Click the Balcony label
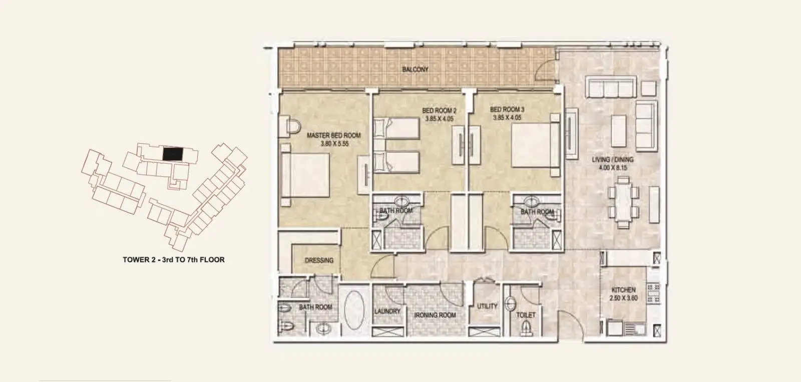click(x=415, y=69)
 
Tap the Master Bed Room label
click(x=333, y=136)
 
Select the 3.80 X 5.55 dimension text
click(x=334, y=144)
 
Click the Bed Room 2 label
click(x=439, y=111)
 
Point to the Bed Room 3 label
click(x=507, y=109)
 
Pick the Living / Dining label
click(x=613, y=160)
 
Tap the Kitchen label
click(x=623, y=290)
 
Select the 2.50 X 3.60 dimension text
click(x=624, y=298)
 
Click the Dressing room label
click(x=319, y=260)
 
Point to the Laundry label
click(x=387, y=311)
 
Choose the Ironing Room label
click(x=435, y=315)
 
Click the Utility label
click(x=487, y=306)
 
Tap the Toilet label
click(x=526, y=315)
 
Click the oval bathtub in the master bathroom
click(x=354, y=310)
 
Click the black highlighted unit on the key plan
click(x=173, y=154)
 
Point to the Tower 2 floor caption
click(x=174, y=260)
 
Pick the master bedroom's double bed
click(x=305, y=175)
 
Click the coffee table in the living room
click(x=619, y=131)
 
